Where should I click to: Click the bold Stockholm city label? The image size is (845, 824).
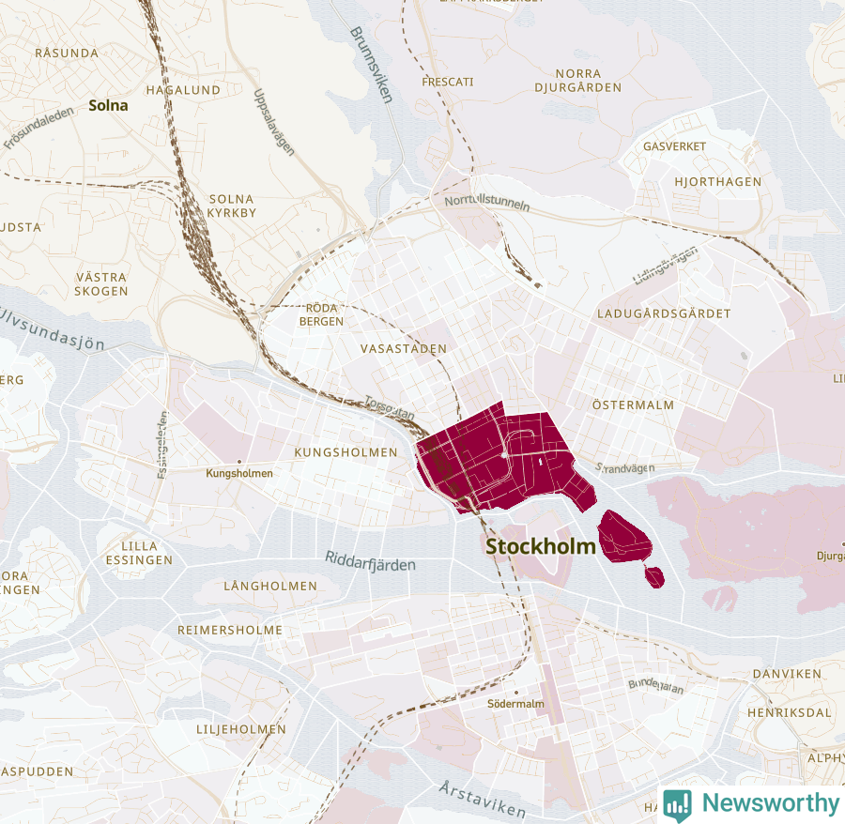(x=541, y=546)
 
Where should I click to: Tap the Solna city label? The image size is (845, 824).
(x=109, y=105)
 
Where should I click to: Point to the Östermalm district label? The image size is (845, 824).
(x=634, y=404)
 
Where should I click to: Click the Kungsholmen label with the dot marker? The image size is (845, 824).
(x=239, y=473)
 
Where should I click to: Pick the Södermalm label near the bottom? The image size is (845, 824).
(x=515, y=703)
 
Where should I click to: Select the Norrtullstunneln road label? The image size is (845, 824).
(x=488, y=203)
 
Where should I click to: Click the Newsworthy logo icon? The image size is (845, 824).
(x=678, y=804)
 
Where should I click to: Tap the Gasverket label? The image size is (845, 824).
(x=675, y=146)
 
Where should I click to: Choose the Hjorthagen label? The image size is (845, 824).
(x=718, y=181)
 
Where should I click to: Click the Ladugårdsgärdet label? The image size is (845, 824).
(x=664, y=313)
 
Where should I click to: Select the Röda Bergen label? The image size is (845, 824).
(x=321, y=314)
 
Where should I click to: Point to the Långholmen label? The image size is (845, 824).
(x=270, y=586)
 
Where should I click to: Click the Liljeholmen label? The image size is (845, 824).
(x=241, y=728)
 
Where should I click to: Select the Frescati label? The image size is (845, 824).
(x=448, y=82)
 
